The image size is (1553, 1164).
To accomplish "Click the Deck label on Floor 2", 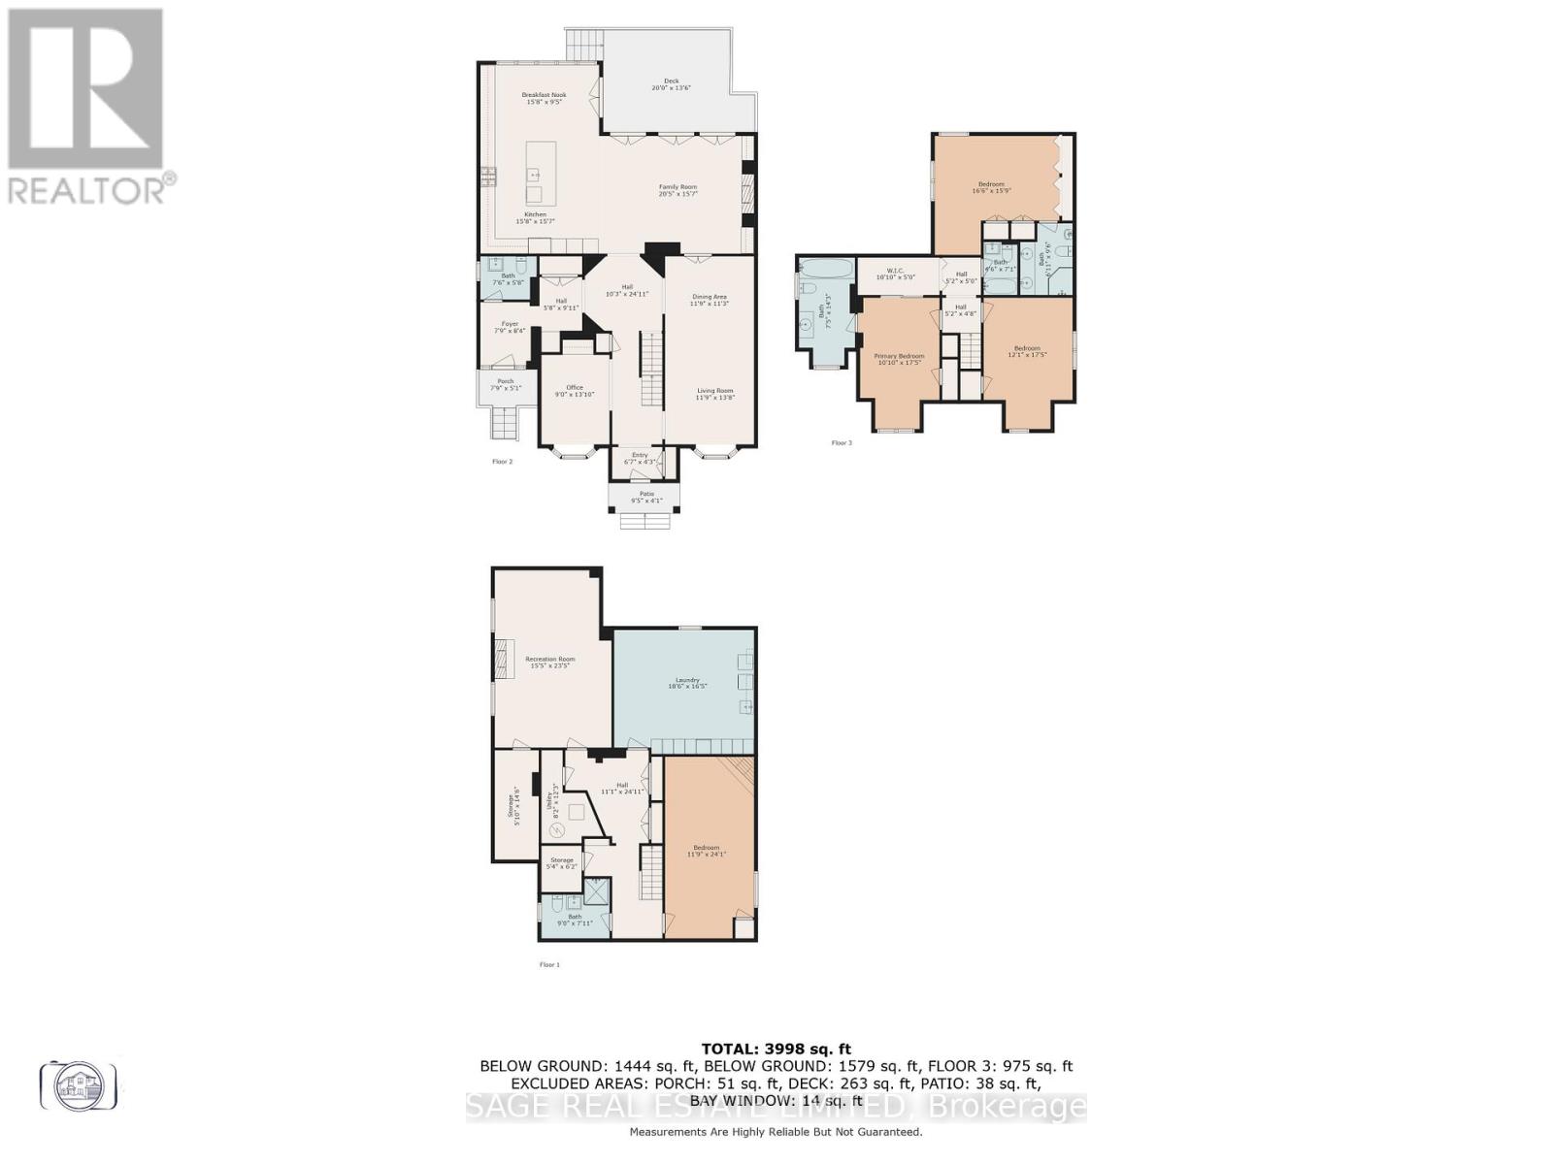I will click(671, 84).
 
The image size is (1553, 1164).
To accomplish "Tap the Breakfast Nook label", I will click(544, 98).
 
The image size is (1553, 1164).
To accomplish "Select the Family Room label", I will click(678, 190).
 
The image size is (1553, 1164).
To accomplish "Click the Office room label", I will click(575, 390).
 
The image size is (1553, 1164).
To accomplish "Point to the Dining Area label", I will click(709, 300).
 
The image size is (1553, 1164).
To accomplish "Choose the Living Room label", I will click(714, 394).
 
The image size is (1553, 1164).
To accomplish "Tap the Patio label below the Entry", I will click(646, 497).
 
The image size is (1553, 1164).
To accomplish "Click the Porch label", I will click(506, 384).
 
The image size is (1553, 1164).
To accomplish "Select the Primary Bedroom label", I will click(899, 359).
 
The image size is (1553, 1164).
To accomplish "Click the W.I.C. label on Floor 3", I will click(895, 274).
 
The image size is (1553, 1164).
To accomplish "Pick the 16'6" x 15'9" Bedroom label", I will click(991, 187).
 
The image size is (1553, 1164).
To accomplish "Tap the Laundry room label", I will click(687, 683).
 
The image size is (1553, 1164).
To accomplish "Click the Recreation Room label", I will click(550, 663).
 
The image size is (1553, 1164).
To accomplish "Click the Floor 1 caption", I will click(549, 964).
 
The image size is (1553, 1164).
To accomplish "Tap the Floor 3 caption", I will click(842, 443).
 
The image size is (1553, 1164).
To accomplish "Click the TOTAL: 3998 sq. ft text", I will click(776, 1049).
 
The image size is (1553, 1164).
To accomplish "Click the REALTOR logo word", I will click(87, 189).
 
